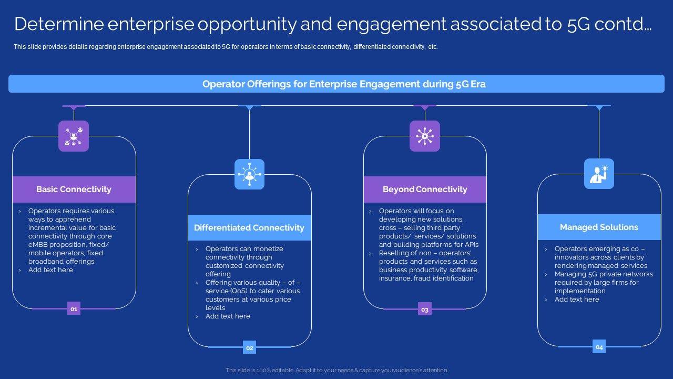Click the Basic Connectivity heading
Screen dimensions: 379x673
[74, 189]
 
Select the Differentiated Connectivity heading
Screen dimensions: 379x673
[249, 228]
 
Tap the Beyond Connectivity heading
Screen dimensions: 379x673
[425, 189]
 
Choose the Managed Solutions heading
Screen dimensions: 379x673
[599, 227]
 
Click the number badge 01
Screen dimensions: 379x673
[74, 309]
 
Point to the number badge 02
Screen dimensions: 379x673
[250, 347]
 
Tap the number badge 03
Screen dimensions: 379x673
[425, 310]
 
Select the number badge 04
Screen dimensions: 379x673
[599, 347]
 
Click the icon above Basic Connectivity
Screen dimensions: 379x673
[74, 136]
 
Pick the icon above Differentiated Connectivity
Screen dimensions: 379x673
[249, 174]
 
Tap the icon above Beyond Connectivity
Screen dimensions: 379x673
[425, 136]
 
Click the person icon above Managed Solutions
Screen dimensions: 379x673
[599, 174]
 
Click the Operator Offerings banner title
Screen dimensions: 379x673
[344, 84]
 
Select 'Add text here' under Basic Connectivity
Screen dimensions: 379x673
[50, 270]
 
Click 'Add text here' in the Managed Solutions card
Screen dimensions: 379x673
[577, 300]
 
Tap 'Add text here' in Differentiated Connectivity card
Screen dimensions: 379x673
[228, 316]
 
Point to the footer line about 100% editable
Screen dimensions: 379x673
[336, 371]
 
